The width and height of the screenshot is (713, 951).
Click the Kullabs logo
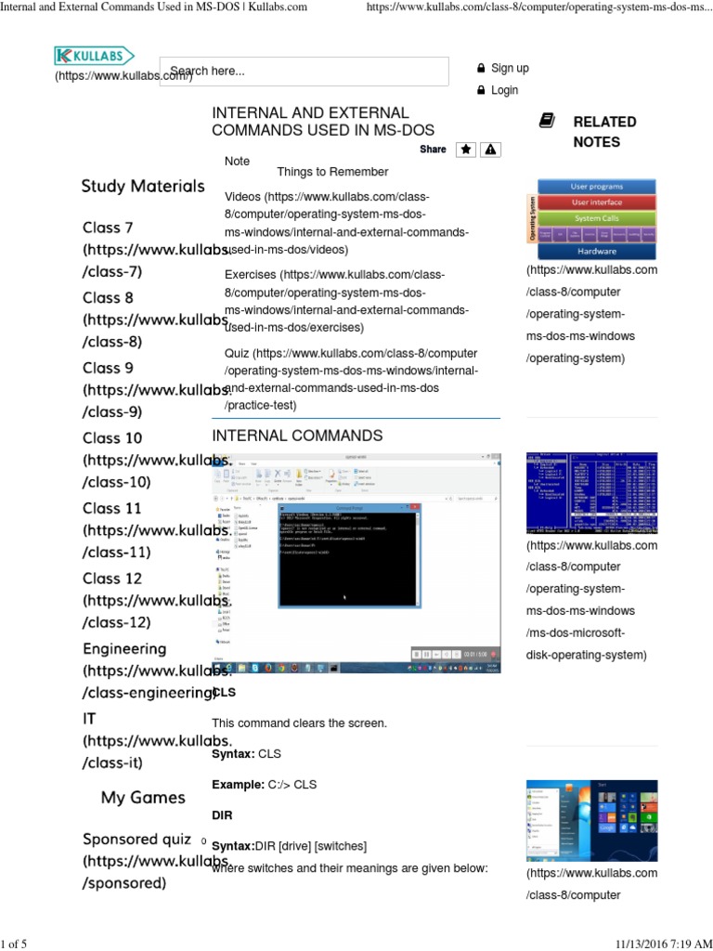[94, 57]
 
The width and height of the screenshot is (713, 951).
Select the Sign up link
[510, 68]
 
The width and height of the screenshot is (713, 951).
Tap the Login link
[504, 90]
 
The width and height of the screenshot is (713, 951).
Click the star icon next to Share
[466, 150]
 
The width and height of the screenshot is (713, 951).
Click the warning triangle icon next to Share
[490, 150]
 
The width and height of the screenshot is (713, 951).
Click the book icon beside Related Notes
[547, 121]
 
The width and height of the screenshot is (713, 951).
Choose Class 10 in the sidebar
[112, 437]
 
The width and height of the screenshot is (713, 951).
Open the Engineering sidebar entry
[124, 648]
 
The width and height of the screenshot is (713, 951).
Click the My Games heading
[143, 797]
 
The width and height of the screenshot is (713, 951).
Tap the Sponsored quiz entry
[136, 839]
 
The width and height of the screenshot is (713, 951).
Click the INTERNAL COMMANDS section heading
[297, 436]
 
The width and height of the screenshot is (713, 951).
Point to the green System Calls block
[596, 218]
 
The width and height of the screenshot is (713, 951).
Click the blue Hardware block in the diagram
[596, 251]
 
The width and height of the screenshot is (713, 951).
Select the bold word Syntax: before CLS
[232, 753]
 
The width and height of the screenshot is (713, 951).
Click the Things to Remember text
[332, 172]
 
